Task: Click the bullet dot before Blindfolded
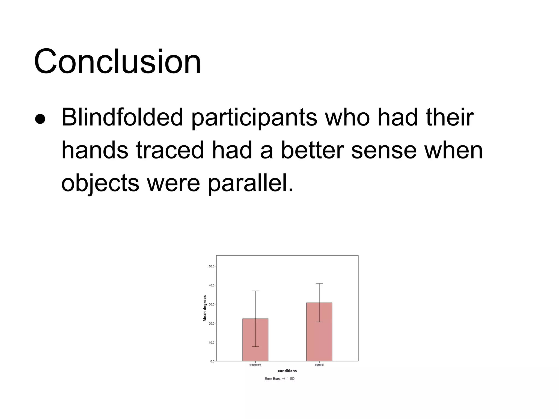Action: click(x=40, y=119)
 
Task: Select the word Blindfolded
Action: click(x=122, y=117)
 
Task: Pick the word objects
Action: click(x=100, y=183)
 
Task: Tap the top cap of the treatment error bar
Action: click(x=255, y=291)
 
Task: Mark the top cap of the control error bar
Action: click(x=319, y=284)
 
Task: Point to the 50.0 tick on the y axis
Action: click(x=212, y=266)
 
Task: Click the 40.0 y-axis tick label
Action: click(x=212, y=285)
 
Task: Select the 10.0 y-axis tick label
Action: click(x=212, y=342)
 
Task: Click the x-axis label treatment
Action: click(x=255, y=365)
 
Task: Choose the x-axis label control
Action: click(x=319, y=365)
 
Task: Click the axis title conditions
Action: click(x=287, y=371)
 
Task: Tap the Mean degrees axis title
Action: click(x=205, y=308)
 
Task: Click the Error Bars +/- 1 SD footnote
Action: click(x=279, y=379)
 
